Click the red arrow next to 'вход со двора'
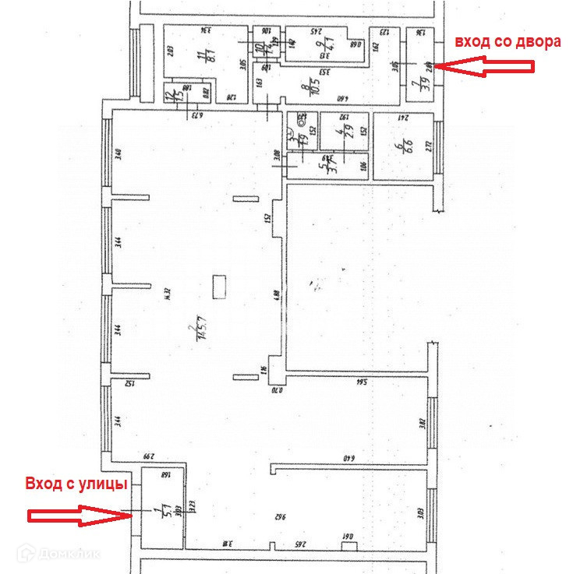[483, 68]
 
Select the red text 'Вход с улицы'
[76, 484]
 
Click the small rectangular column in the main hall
[219, 286]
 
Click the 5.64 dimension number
[360, 383]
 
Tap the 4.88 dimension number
[277, 295]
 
